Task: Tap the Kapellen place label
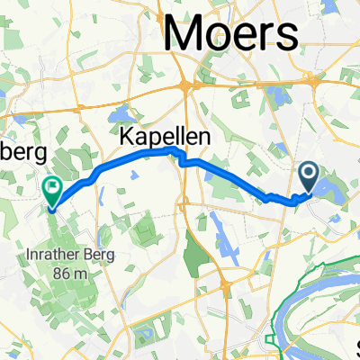coord(166,136)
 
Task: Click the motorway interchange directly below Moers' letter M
coord(189,86)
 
